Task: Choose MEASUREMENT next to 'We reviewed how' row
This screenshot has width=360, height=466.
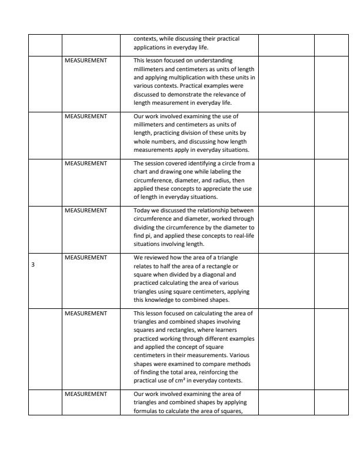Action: (x=86, y=257)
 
